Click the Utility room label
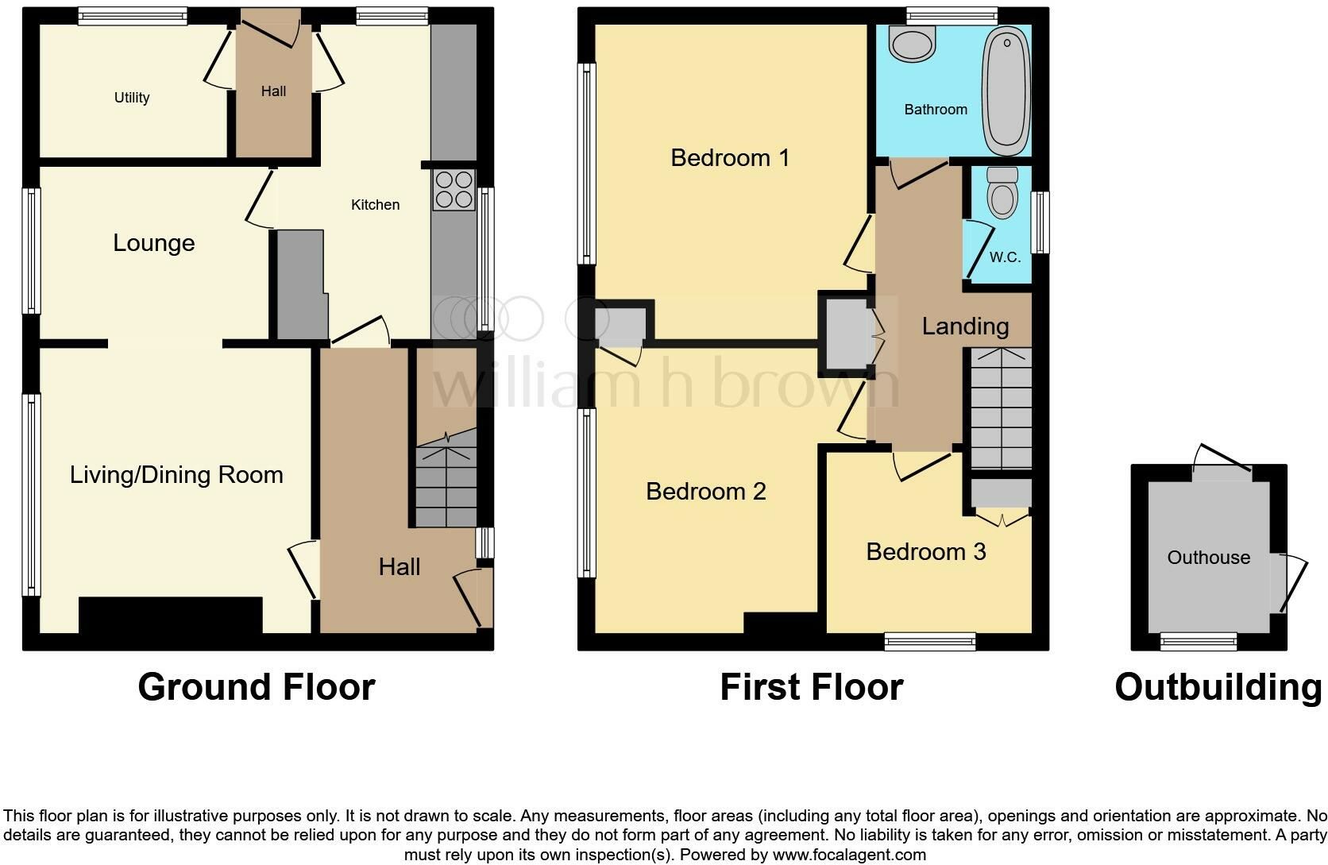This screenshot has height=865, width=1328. [132, 97]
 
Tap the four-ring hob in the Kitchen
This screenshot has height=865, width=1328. [454, 190]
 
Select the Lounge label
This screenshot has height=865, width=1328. [154, 243]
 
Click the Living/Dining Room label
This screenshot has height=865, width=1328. [176, 475]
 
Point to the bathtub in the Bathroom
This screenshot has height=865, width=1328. [1006, 90]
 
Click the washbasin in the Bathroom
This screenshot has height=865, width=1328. [912, 43]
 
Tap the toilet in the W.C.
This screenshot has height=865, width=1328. [1002, 191]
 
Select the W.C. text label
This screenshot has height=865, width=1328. [1005, 257]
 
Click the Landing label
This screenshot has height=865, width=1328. [965, 326]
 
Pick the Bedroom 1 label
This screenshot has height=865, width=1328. [730, 158]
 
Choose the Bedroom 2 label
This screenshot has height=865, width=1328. [705, 491]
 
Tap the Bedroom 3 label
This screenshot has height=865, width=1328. [926, 551]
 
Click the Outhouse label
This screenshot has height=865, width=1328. [1209, 558]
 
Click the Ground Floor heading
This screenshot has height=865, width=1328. [257, 687]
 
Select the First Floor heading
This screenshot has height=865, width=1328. [812, 687]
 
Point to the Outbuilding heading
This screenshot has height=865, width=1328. [1218, 688]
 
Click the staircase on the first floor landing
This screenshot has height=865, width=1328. [1002, 408]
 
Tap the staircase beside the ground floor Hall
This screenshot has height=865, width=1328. [446, 477]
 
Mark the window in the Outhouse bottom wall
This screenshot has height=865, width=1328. [1199, 641]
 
